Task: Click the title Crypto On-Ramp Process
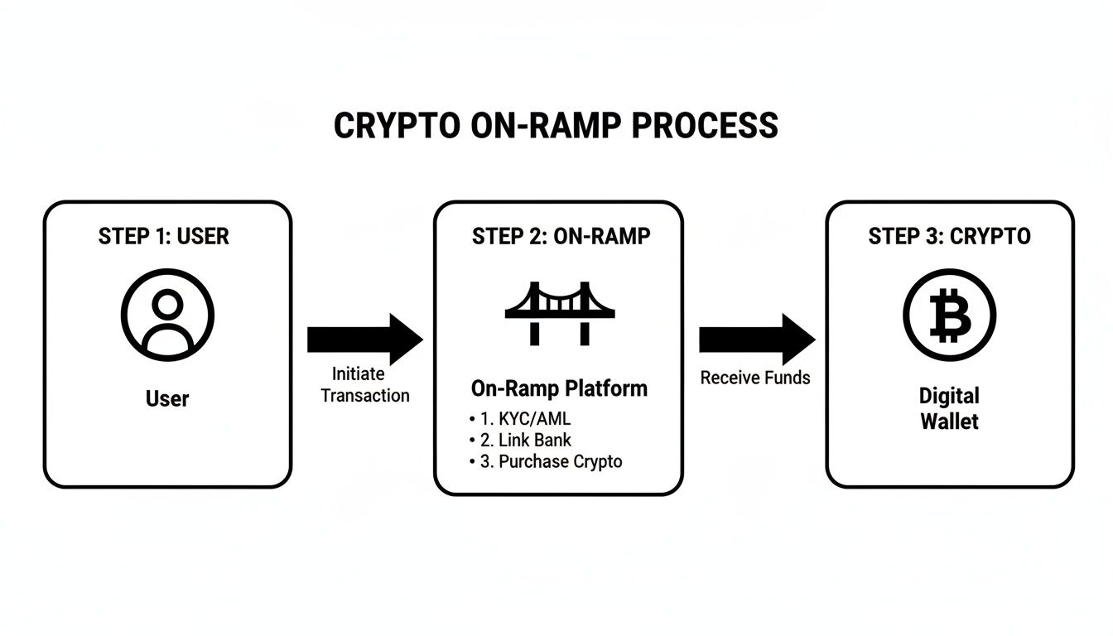pos(556,126)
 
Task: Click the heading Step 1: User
pos(164,236)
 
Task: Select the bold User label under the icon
pos(167,398)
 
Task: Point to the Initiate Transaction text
pos(364,385)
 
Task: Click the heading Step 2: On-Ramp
pos(561,236)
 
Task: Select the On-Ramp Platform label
pos(559,388)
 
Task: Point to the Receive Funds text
pos(755,378)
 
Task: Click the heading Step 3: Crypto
pos(949,236)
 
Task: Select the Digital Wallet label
pos(949,408)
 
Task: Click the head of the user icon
pos(167,304)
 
